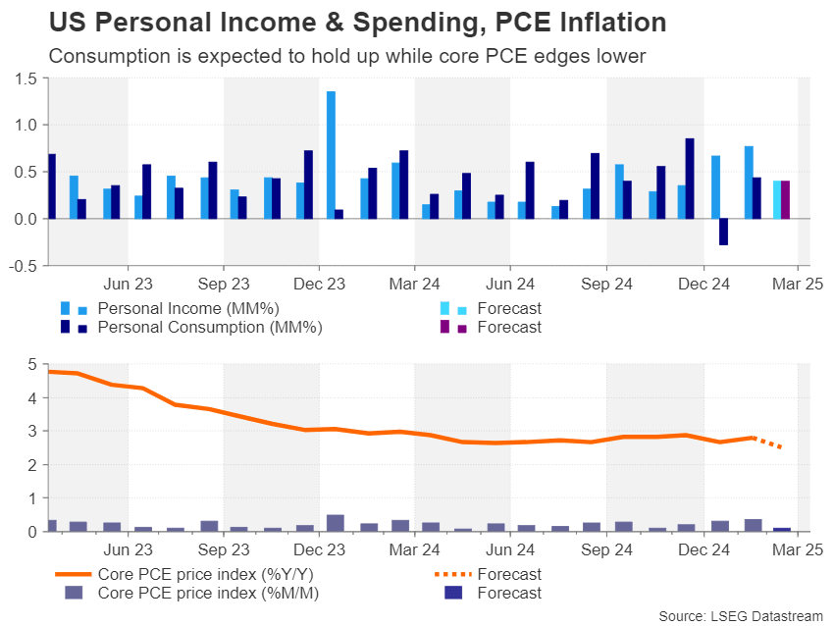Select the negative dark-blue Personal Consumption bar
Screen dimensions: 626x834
[723, 232]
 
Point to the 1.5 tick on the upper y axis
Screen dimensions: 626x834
[26, 78]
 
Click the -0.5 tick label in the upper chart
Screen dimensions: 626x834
[25, 265]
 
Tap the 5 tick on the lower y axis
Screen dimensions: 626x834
[32, 365]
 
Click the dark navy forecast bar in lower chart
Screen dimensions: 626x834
[782, 529]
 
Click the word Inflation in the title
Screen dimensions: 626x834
[599, 22]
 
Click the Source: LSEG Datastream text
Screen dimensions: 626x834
[741, 615]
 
